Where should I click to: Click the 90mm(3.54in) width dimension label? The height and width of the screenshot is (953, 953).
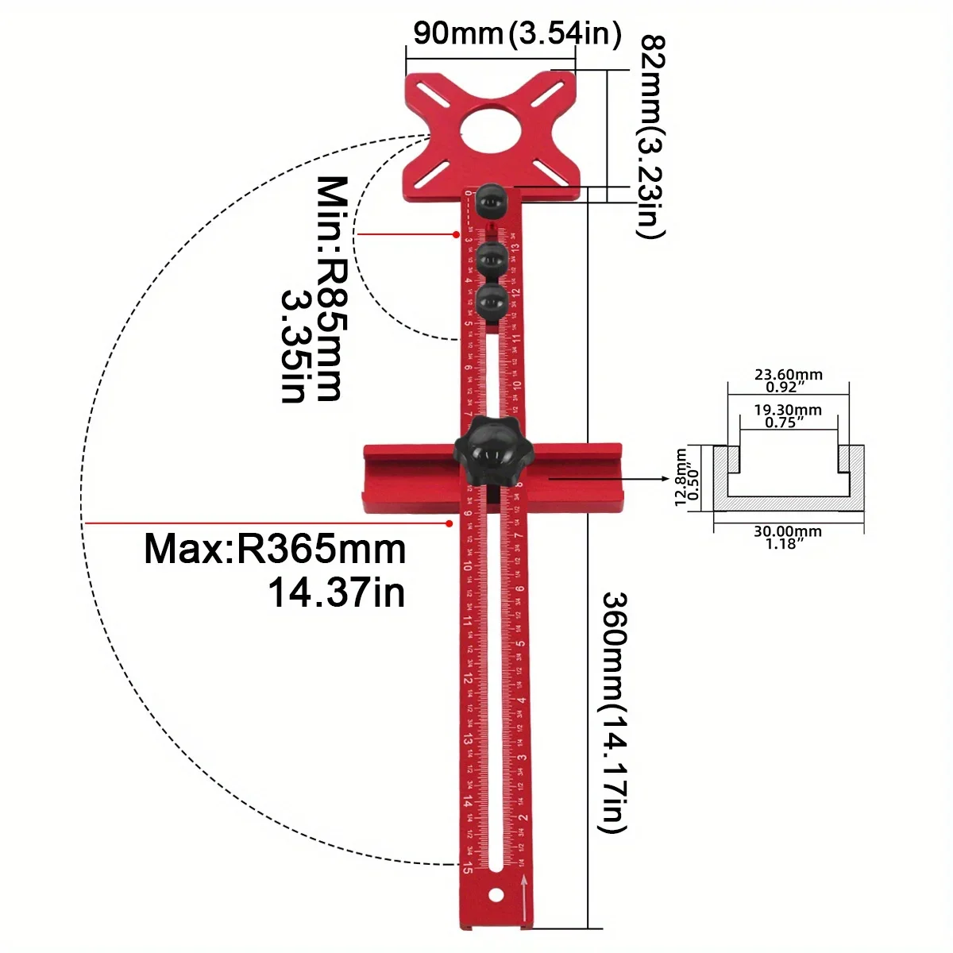pos(516,33)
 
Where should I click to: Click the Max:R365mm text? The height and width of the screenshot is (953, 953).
pos(275,550)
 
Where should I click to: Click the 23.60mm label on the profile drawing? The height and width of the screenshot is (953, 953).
pos(788,374)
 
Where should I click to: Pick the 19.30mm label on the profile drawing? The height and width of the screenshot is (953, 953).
pos(788,410)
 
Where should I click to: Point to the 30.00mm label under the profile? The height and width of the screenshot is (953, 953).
pos(788,531)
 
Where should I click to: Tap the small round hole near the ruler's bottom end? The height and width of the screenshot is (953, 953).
pos(496,895)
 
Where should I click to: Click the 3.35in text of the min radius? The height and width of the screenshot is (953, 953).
pos(293,345)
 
